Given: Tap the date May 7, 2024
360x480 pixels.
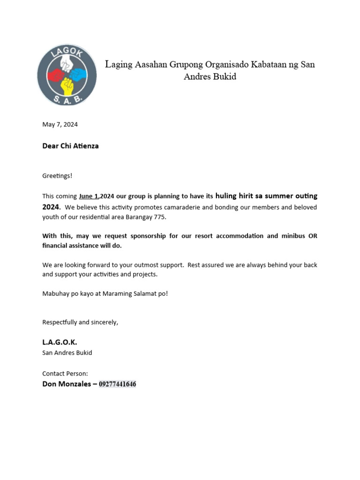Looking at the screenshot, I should coord(60,125).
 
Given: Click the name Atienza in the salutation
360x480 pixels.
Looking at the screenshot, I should coord(85,146).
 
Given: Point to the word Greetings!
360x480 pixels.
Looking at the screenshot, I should coord(57,176).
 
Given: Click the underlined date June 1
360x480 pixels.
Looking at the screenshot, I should coord(89,196).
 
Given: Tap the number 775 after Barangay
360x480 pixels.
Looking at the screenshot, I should coord(160,217).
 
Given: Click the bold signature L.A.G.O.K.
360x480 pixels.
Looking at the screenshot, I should coord(60,343).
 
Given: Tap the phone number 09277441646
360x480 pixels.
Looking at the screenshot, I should coord(117,384).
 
